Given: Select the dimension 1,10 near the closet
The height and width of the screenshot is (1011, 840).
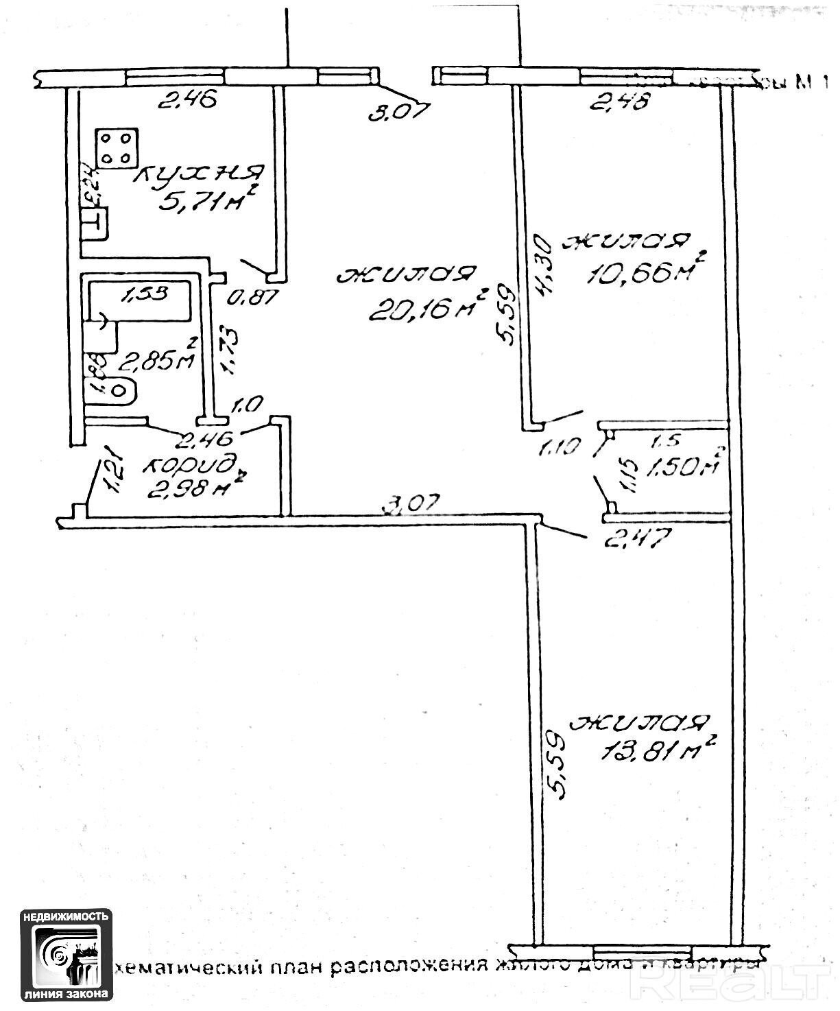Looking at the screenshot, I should [560, 449].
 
